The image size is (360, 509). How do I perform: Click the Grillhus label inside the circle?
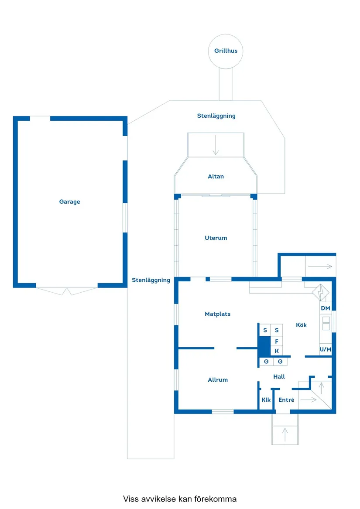pos(226,51)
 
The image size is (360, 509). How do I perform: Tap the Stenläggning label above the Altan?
pos(216,116)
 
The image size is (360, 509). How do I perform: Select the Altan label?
pos(216,177)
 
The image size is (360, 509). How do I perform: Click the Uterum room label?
pos(216,238)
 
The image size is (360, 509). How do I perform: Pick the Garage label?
pos(70,202)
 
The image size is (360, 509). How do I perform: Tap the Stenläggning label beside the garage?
pos(151,280)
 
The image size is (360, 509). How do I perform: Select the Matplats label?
pos(217,314)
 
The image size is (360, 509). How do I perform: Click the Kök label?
pos(301,325)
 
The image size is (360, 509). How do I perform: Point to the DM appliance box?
pos(326,308)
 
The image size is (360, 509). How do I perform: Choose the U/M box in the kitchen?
pos(326,349)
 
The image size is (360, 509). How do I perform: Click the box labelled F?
pos(277,341)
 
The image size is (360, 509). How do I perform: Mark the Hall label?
pos(279,376)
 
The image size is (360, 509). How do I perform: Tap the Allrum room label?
pos(217,380)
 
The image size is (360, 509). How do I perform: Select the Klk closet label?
pos(266,400)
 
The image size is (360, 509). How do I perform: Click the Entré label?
pos(286,400)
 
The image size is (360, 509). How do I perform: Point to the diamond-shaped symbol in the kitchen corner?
pos(320,292)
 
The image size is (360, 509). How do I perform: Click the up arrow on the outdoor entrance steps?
pos(285,434)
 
